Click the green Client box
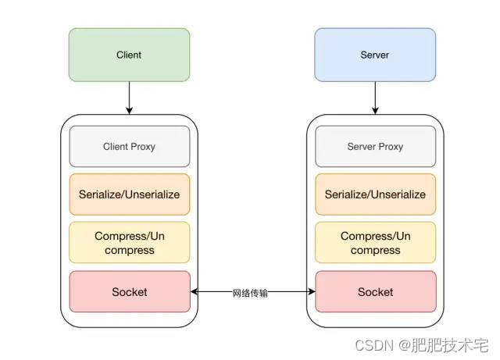[129, 55]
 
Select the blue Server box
[375, 55]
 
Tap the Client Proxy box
[129, 146]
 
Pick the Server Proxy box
[375, 146]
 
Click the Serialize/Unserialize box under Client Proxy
[129, 194]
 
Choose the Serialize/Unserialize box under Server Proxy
[375, 194]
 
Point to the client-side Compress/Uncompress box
[129, 243]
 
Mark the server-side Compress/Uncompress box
[375, 243]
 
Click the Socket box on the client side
[129, 292]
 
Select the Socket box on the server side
[375, 292]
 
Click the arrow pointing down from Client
[129, 98]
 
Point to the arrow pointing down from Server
[375, 98]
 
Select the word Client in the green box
[129, 55]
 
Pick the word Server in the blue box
[375, 55]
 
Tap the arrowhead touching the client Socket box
[195, 292]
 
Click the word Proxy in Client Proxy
[144, 146]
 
